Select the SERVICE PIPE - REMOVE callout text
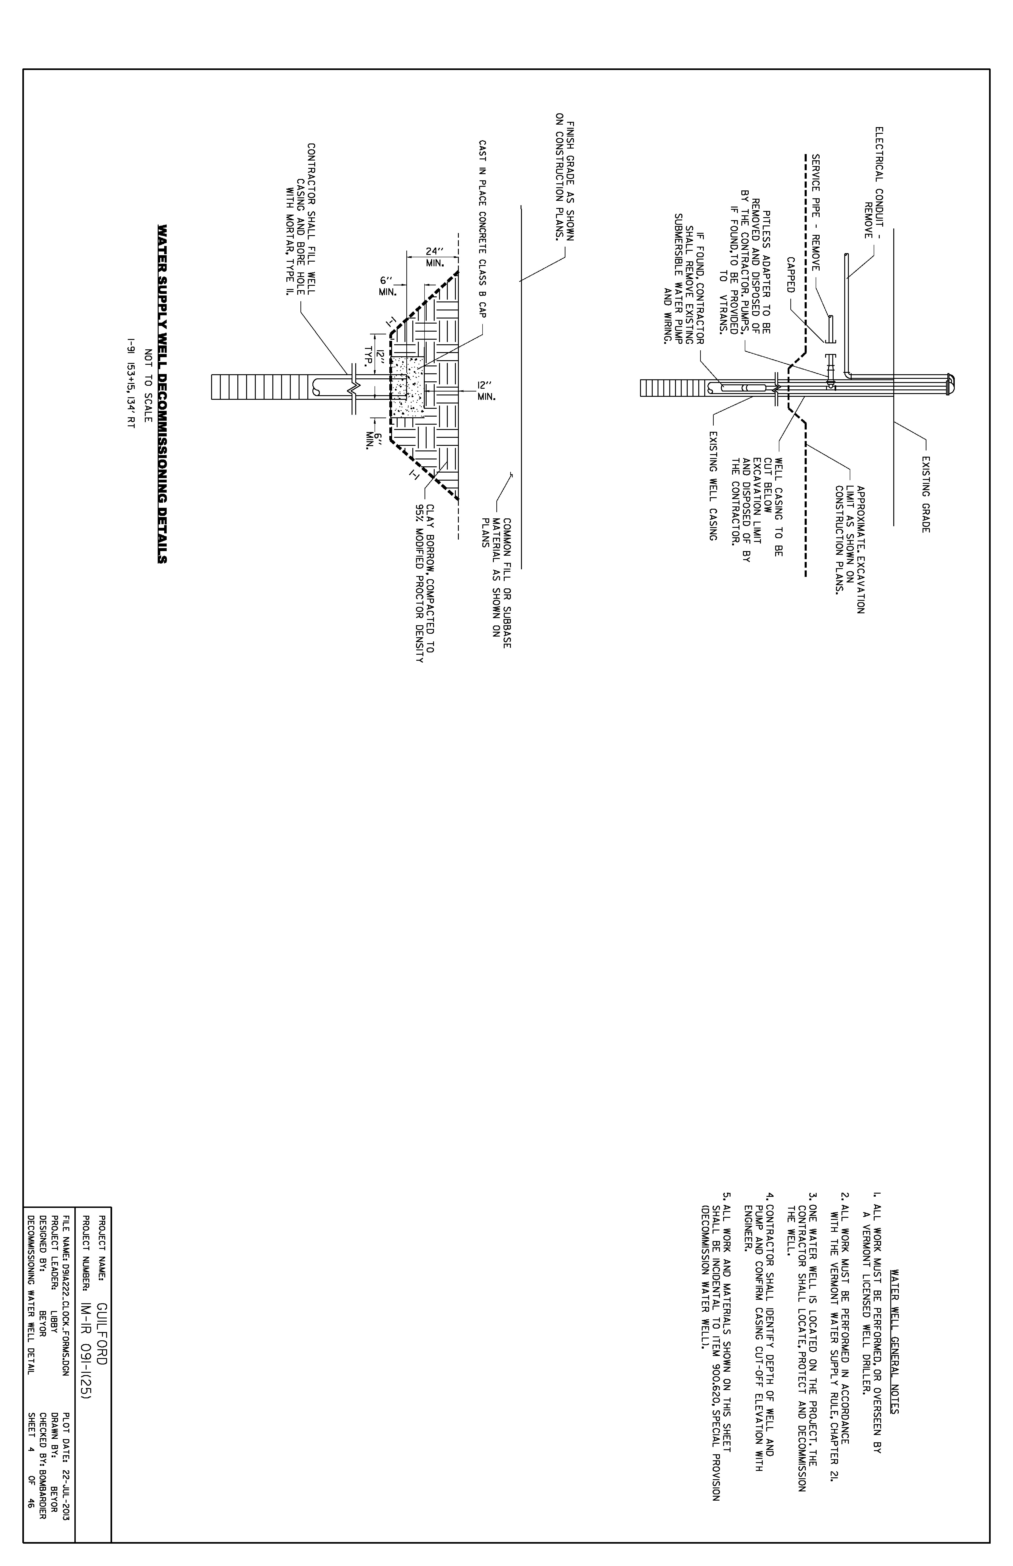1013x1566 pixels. coord(815,213)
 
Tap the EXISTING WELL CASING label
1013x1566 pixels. coord(712,486)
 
